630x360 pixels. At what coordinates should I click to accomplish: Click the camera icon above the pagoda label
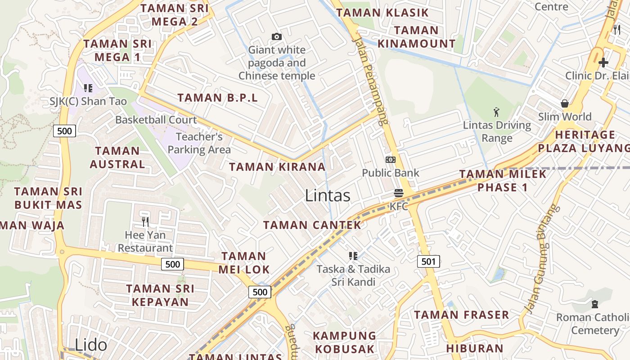[277, 36]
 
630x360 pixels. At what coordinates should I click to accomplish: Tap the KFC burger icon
[398, 193]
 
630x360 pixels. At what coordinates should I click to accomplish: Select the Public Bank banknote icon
[391, 160]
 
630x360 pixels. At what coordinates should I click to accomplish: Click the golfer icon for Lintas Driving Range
[496, 112]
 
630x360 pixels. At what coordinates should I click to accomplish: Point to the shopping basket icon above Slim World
[565, 103]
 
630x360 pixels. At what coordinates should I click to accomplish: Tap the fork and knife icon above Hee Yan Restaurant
[145, 221]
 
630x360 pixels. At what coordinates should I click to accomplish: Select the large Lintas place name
[328, 195]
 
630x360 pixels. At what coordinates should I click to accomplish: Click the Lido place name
[91, 345]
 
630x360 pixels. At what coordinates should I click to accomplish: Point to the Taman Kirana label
[277, 166]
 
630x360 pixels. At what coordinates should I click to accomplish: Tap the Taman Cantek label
[312, 225]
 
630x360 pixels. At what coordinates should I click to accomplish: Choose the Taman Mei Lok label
[244, 263]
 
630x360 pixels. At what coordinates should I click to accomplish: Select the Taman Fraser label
[462, 315]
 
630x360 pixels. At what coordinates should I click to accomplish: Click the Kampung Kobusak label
[345, 342]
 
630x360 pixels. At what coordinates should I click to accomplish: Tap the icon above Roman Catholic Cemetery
[595, 304]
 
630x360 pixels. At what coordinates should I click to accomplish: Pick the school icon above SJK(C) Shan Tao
[88, 88]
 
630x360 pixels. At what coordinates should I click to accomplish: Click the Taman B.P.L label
[218, 98]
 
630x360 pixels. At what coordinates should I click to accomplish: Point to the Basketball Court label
[156, 120]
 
